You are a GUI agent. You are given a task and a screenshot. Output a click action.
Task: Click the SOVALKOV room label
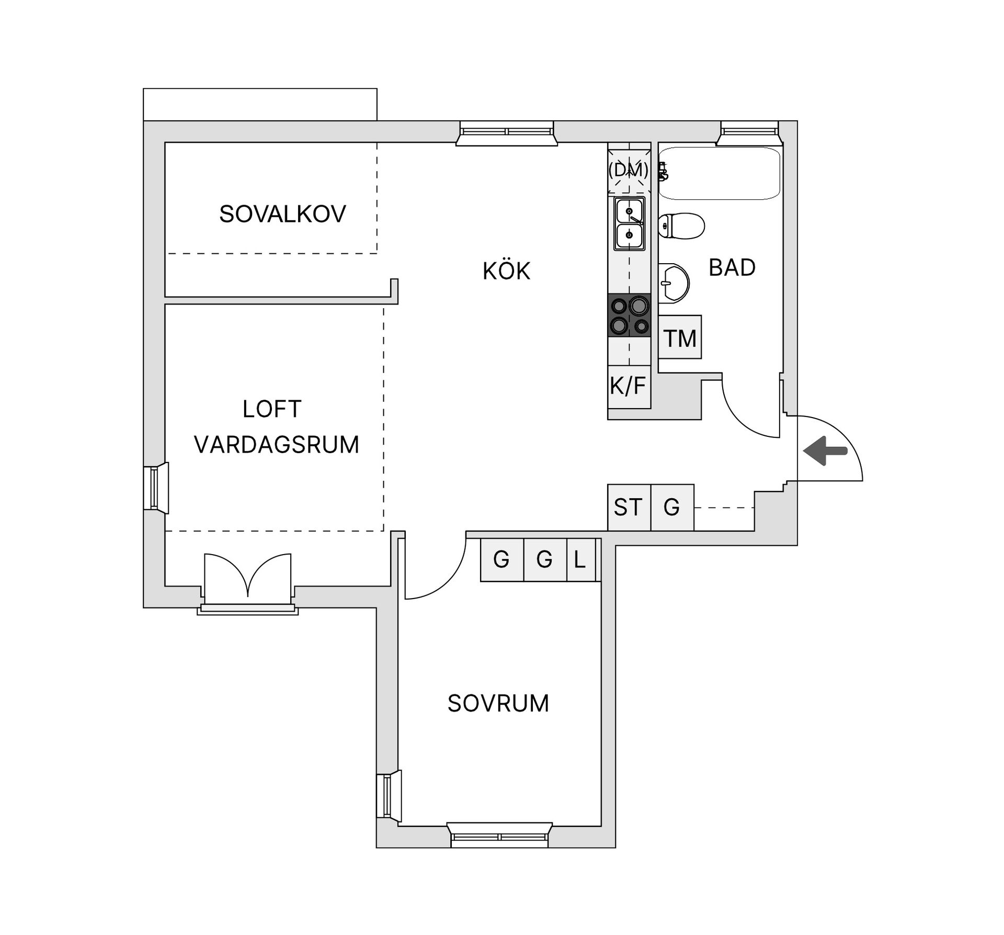(x=282, y=214)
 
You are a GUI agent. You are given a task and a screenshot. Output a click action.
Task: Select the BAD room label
(x=732, y=268)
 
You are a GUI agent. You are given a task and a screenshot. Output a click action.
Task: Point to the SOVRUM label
(x=498, y=703)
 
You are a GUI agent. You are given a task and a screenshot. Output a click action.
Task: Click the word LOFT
(x=272, y=409)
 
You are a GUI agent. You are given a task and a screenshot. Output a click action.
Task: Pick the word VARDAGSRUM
(x=277, y=445)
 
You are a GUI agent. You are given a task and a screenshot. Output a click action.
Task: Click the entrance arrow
(x=825, y=450)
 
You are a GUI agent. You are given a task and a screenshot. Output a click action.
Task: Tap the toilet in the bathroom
(x=681, y=226)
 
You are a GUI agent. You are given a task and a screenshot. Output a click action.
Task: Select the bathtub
(x=720, y=173)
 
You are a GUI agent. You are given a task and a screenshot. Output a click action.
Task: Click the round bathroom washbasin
(x=674, y=283)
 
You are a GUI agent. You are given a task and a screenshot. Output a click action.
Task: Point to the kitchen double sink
(x=629, y=224)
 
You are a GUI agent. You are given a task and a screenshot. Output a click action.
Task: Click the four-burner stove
(x=629, y=315)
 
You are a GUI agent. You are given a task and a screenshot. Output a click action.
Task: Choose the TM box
(x=680, y=337)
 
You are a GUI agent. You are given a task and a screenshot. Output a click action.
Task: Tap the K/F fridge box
(x=629, y=387)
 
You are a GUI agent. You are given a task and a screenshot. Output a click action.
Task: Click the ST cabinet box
(x=629, y=508)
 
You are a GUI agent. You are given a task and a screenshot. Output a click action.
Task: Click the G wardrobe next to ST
(x=672, y=508)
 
